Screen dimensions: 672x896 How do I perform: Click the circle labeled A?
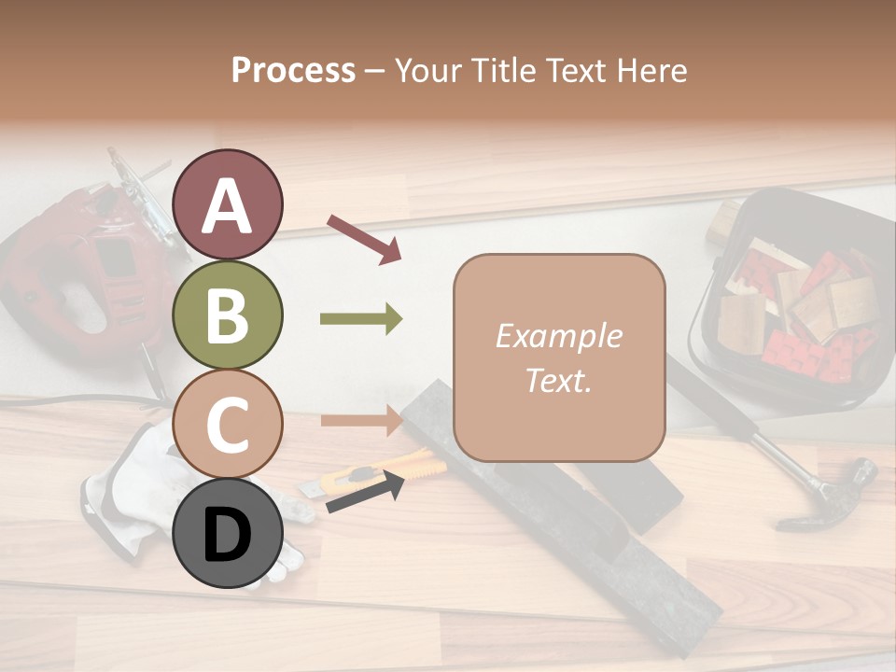[228, 205]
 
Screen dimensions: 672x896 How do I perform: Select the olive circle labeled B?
[228, 315]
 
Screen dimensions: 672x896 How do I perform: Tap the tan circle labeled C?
[228, 425]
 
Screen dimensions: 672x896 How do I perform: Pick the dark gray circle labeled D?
[228, 534]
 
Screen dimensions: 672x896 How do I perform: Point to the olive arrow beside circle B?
[361, 320]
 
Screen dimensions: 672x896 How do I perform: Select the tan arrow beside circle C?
[361, 420]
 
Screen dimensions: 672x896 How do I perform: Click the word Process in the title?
[293, 71]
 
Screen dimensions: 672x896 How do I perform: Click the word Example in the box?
[558, 336]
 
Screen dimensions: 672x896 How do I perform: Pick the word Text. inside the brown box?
[558, 380]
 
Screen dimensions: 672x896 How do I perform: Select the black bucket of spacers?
[793, 299]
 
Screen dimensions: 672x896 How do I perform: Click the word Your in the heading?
[429, 71]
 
